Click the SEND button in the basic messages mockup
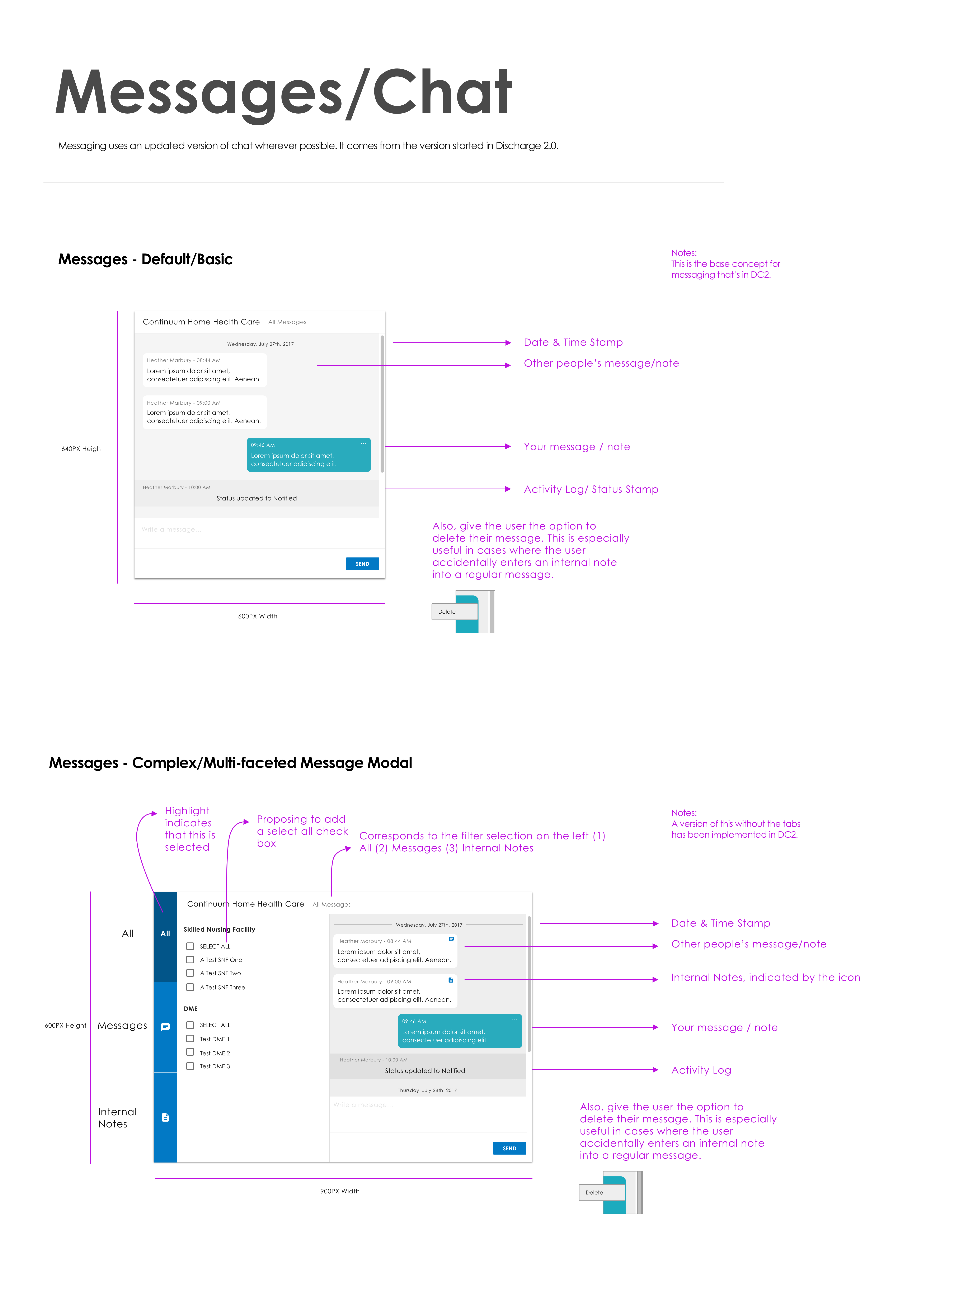362,564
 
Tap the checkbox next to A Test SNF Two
190,973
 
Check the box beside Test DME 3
190,1066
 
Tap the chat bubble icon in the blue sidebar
165,1027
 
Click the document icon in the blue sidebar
165,1117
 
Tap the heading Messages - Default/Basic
145,259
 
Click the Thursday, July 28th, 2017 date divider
427,1090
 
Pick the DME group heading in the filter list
191,1008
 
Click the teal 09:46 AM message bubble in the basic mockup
309,455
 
